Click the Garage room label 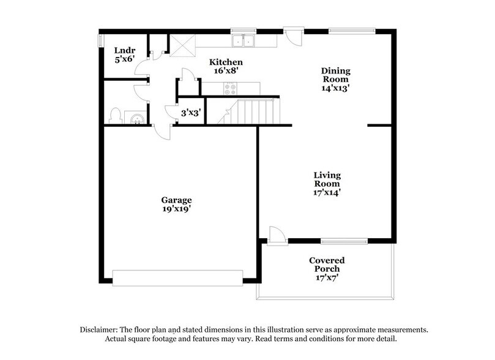(x=176, y=200)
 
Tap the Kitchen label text (x=226, y=62)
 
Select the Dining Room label (x=336, y=78)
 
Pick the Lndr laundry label (x=124, y=50)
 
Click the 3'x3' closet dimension (x=190, y=112)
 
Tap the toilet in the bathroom (x=115, y=115)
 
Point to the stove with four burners (x=231, y=88)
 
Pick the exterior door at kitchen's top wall (x=293, y=36)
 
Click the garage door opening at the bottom (x=178, y=278)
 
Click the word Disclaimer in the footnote (x=101, y=329)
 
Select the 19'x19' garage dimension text (x=176, y=209)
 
